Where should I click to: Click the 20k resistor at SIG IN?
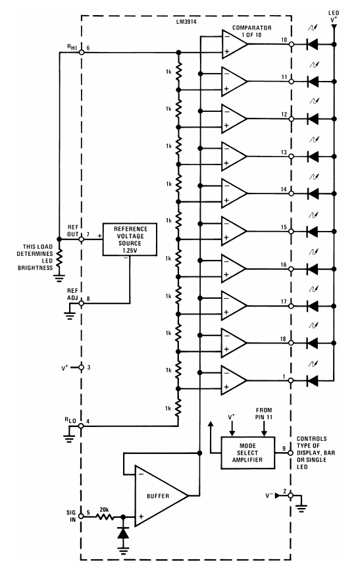[103, 516]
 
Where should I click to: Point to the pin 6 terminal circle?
[81, 55]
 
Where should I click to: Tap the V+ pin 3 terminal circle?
[81, 367]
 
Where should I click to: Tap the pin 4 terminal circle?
[81, 427]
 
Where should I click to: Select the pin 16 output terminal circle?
[290, 269]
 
